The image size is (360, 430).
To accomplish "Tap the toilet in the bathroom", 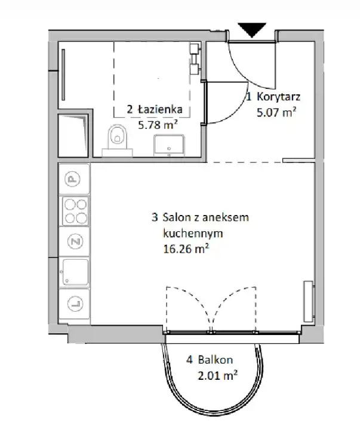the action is [118, 140].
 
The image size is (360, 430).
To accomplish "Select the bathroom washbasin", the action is [168, 145].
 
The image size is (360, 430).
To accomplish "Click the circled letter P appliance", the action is [72, 180].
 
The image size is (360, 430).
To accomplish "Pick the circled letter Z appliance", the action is [75, 241].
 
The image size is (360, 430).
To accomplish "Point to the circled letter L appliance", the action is [75, 303].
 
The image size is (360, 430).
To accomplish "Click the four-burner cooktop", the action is [75, 211].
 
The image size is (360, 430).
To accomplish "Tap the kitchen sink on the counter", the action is [75, 272].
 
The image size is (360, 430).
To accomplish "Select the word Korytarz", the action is [279, 97].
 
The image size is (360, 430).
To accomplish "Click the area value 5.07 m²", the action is [276, 112].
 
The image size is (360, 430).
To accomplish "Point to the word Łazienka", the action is [160, 109].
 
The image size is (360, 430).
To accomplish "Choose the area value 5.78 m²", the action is [158, 125].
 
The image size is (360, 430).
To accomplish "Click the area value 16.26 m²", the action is [186, 249].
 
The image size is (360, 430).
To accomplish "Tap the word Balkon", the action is [216, 360].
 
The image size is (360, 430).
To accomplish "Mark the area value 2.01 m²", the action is [218, 375].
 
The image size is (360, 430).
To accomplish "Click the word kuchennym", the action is [193, 234].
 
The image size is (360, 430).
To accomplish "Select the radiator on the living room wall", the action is [309, 301].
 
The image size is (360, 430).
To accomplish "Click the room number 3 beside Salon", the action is [155, 217].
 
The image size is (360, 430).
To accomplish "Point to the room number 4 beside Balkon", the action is [189, 360].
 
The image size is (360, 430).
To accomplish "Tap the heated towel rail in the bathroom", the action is [63, 75].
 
